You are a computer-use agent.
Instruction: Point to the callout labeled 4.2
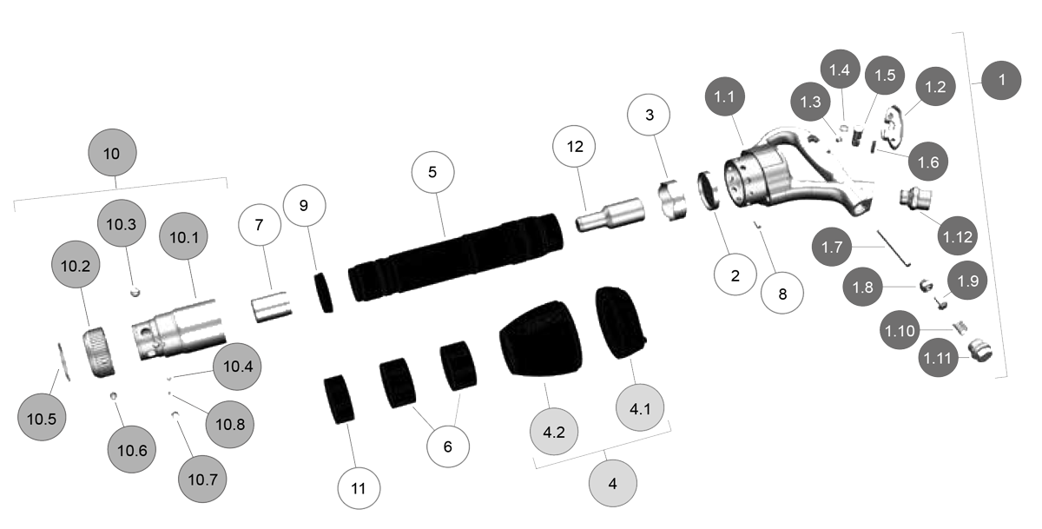point(555,431)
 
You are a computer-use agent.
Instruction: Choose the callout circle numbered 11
point(359,488)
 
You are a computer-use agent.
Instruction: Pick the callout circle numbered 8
point(782,293)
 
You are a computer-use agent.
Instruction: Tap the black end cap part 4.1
point(621,321)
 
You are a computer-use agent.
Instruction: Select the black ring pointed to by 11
point(339,399)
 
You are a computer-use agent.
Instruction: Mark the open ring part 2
point(710,191)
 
